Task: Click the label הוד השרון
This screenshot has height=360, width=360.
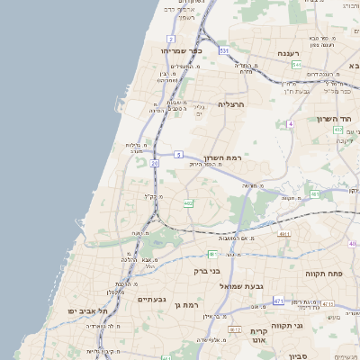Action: click(338, 119)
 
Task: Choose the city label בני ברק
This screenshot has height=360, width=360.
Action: click(208, 270)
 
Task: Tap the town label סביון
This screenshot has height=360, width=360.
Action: click(298, 356)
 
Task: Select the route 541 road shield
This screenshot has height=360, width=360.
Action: click(296, 65)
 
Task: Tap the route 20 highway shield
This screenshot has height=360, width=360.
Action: click(155, 163)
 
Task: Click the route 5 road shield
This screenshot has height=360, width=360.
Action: click(179, 155)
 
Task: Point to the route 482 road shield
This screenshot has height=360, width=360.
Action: click(188, 204)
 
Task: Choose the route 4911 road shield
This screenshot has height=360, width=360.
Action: click(284, 234)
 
